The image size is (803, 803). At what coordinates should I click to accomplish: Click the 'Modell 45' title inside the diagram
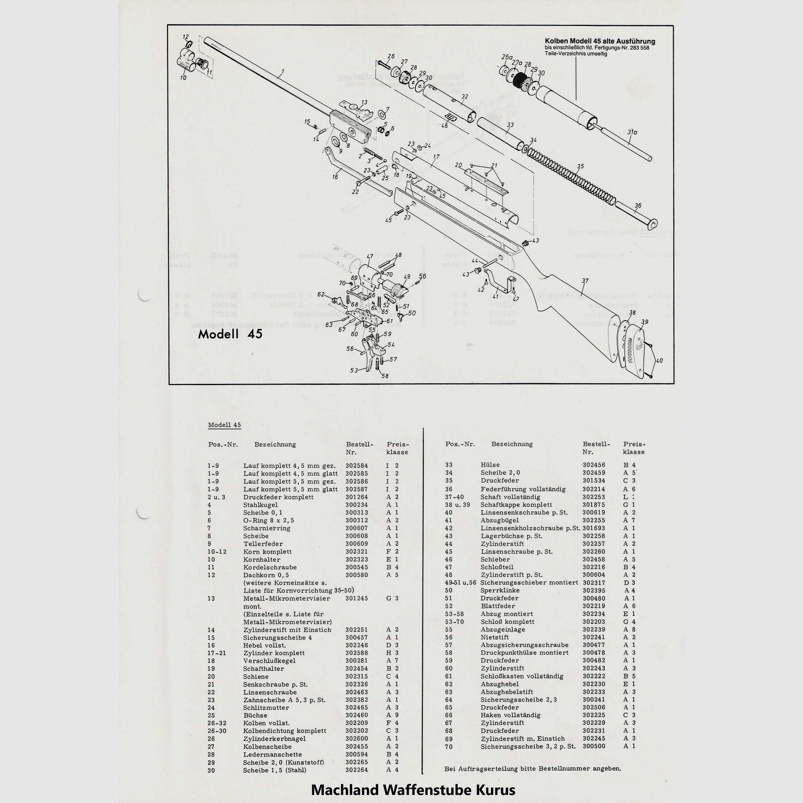(230, 334)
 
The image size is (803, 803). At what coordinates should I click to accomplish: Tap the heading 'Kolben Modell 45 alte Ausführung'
(600, 41)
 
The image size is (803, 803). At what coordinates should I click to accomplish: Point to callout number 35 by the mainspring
(580, 166)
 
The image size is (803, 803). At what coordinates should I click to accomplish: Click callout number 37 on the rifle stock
(585, 281)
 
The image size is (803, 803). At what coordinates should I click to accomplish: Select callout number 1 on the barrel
(282, 72)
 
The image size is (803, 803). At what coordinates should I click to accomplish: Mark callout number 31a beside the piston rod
(633, 132)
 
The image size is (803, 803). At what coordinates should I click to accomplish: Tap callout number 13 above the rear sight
(364, 102)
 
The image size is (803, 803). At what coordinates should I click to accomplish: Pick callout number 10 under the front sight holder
(183, 78)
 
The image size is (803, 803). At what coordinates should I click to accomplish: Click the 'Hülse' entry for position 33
(491, 465)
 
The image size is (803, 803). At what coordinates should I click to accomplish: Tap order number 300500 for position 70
(593, 758)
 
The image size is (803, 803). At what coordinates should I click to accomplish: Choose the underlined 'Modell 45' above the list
(224, 425)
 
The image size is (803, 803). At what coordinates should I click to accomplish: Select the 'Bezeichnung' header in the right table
(512, 444)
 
